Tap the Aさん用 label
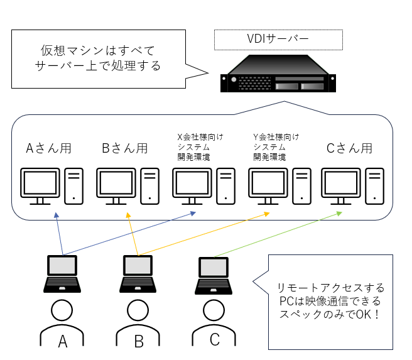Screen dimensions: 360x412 pos(48,149)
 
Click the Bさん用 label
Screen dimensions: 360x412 pos(124,149)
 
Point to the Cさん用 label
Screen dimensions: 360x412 pos(349,149)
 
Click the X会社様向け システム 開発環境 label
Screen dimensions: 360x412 pos(200,146)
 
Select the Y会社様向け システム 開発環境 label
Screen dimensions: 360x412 pos(276,146)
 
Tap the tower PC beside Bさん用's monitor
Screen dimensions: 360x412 pos(149,186)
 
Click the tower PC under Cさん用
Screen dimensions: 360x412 pos(376,186)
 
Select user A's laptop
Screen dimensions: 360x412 pos(62,274)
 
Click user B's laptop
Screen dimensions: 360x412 pos(138,274)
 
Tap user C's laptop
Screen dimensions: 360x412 pos(214,275)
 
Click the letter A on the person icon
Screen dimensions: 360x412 pos(62,341)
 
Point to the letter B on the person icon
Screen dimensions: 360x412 pos(139,341)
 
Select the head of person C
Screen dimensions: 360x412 pos(214,309)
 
